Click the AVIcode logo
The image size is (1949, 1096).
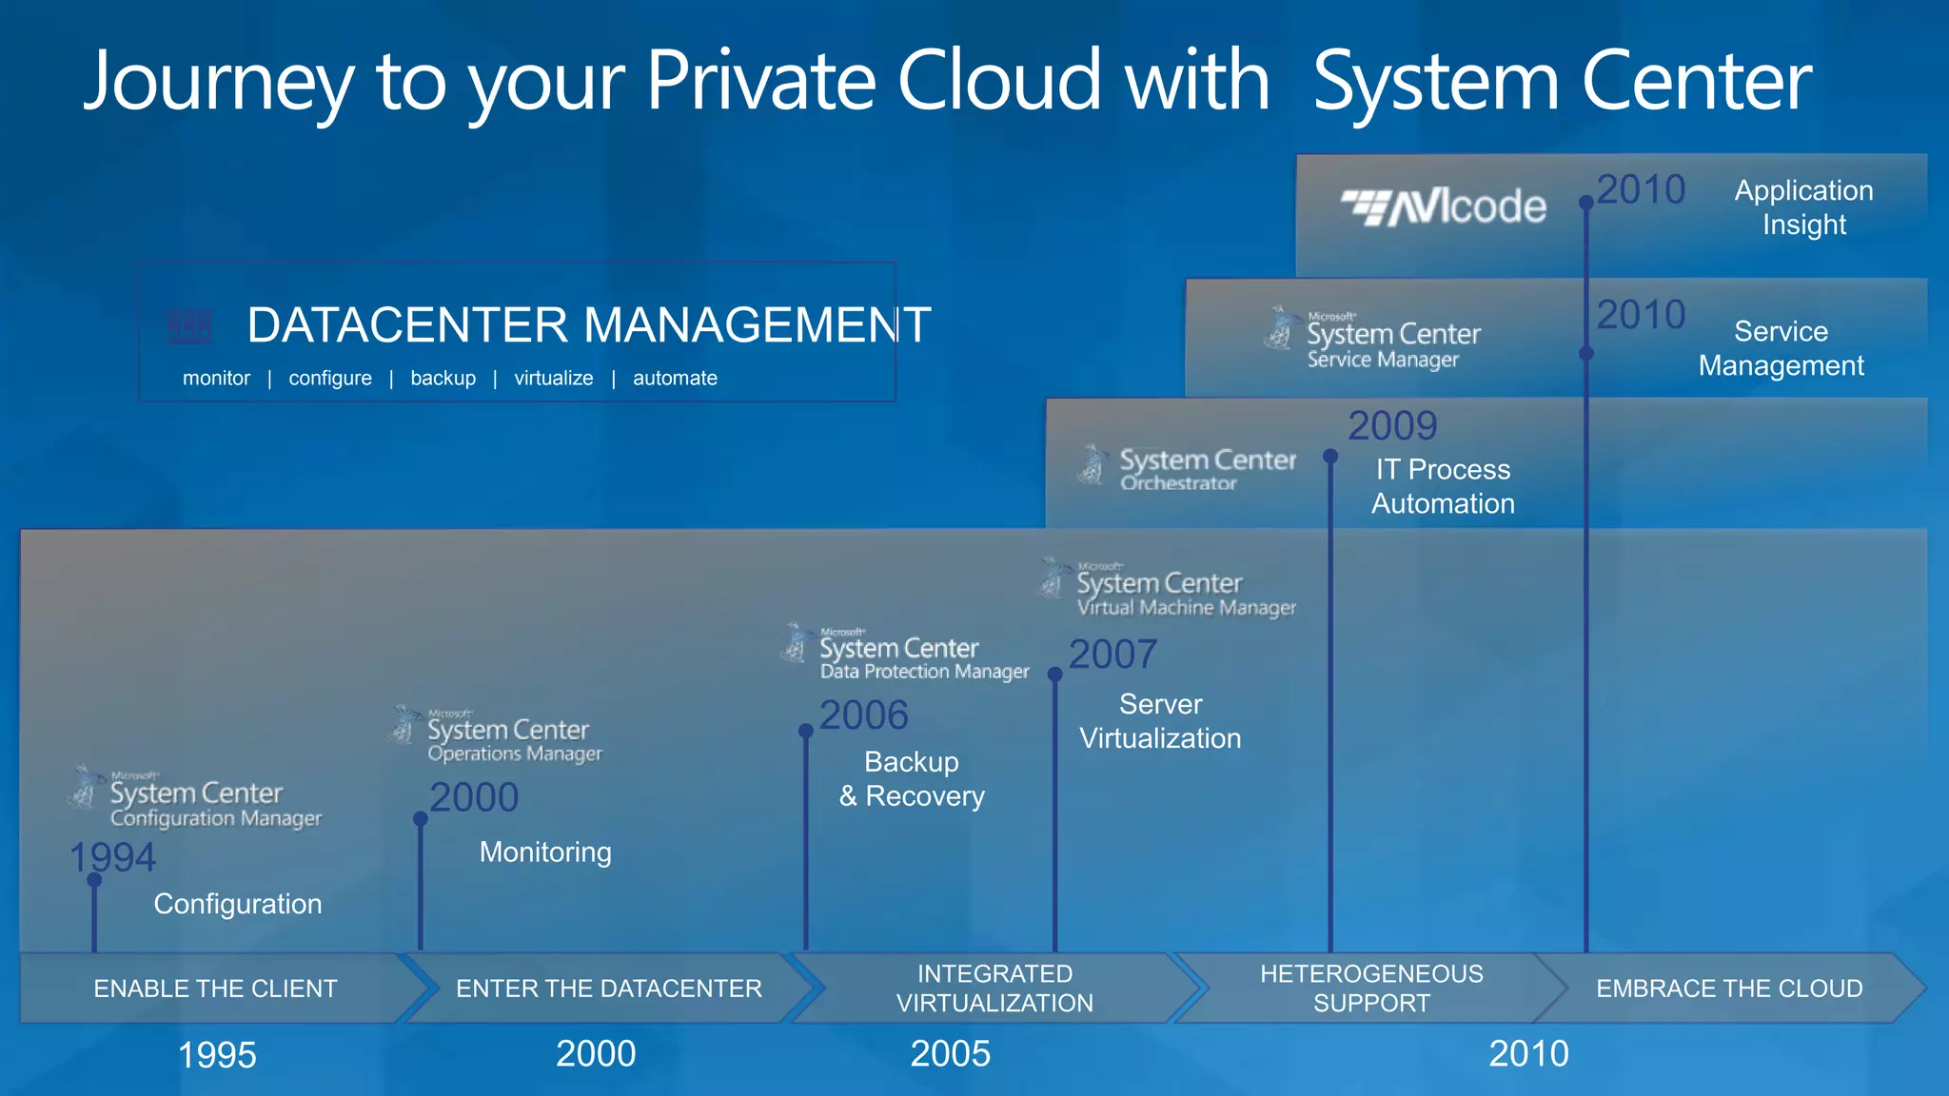(1444, 206)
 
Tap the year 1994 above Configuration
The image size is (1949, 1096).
(112, 857)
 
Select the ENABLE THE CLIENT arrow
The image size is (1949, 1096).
(215, 988)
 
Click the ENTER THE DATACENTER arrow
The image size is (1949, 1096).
(608, 988)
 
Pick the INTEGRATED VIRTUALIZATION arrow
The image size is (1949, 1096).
(994, 988)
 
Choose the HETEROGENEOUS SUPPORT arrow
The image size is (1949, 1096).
(1371, 988)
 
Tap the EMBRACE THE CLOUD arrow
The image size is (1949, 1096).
(1728, 988)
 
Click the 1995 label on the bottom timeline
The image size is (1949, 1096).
(217, 1055)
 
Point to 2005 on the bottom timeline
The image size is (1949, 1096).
(950, 1054)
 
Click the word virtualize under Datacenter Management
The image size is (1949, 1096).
(553, 379)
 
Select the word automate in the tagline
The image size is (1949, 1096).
(675, 379)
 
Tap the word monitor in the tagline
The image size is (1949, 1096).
(216, 379)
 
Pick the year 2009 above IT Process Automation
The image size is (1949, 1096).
(1392, 426)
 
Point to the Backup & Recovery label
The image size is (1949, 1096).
(912, 779)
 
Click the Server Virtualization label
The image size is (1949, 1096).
(1160, 721)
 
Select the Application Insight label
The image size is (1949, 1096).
(1803, 207)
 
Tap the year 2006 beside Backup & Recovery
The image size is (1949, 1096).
(864, 715)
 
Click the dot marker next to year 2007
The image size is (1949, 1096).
(1054, 675)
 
